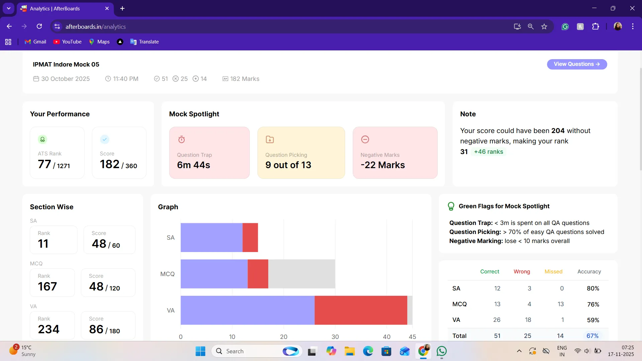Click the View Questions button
(x=577, y=64)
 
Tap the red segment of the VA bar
(x=361, y=310)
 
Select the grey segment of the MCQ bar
(x=302, y=274)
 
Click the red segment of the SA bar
(x=250, y=237)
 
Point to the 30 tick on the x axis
(x=335, y=337)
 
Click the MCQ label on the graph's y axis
(x=168, y=274)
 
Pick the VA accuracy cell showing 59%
(x=593, y=320)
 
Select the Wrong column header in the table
(x=522, y=271)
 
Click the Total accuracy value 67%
(x=593, y=336)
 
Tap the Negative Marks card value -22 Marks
(x=383, y=165)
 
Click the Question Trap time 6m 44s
(x=194, y=165)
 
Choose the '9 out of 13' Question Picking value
(x=288, y=165)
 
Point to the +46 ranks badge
(x=489, y=152)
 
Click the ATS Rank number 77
(x=44, y=164)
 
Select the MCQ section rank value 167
(x=47, y=286)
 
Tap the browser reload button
(x=39, y=26)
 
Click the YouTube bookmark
(x=68, y=42)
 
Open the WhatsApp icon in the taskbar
(x=442, y=351)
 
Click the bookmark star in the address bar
(x=544, y=26)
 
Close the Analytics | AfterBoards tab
(x=107, y=8)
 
